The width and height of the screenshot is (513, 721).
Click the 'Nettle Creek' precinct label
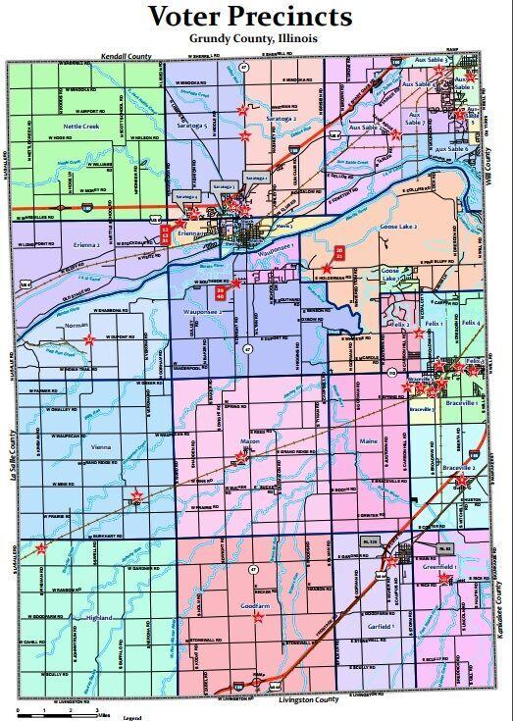pos(81,127)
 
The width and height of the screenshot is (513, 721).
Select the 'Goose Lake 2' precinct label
pos(399,227)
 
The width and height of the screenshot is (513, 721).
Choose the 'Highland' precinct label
pos(100,618)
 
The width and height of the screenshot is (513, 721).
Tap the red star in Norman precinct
pos(88,339)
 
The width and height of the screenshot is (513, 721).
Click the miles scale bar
pos(59,708)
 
